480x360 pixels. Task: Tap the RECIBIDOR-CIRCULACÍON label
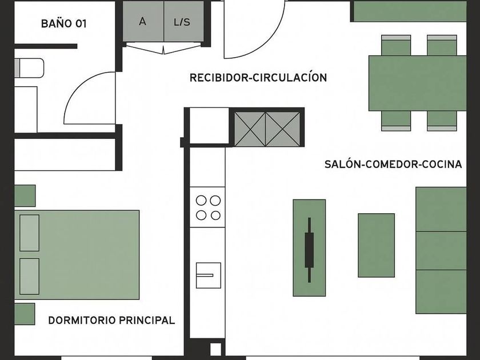click(258, 78)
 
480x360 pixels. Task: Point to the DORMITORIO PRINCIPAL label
click(111, 320)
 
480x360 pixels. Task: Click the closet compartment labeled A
click(143, 22)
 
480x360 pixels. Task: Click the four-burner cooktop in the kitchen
click(208, 207)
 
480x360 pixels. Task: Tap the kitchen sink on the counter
click(208, 275)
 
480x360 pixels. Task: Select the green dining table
click(417, 83)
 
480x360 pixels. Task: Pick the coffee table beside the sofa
click(376, 245)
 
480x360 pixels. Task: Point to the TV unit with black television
click(309, 247)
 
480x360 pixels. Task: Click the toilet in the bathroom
click(29, 69)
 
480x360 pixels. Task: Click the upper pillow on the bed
click(29, 233)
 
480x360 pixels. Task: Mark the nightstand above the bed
click(25, 195)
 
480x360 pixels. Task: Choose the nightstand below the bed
click(25, 313)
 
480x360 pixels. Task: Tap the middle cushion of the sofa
click(441, 250)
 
